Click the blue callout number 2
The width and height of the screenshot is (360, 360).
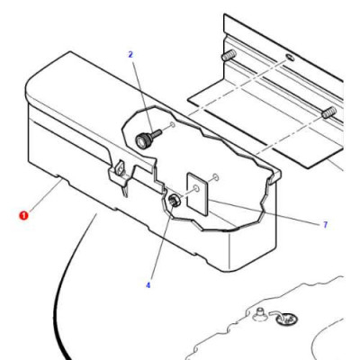pyautogui.click(x=130, y=55)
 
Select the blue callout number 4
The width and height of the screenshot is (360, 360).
pyautogui.click(x=148, y=285)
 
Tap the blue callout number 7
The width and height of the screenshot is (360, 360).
pyautogui.click(x=326, y=225)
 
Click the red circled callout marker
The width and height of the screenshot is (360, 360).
pyautogui.click(x=23, y=215)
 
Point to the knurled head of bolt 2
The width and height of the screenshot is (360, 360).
pyautogui.click(x=143, y=139)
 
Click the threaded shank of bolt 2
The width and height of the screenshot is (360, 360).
pyautogui.click(x=157, y=132)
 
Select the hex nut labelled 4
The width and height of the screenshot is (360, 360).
pyautogui.click(x=174, y=199)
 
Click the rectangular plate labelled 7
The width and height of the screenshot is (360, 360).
pyautogui.click(x=198, y=193)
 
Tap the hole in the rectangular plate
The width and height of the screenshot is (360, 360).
pyautogui.click(x=196, y=189)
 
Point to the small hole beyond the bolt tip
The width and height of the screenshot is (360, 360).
pyautogui.click(x=173, y=124)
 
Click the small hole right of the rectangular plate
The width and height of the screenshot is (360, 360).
pyautogui.click(x=216, y=177)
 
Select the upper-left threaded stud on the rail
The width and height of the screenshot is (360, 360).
pyautogui.click(x=229, y=55)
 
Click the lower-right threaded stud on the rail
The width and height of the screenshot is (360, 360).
pyautogui.click(x=329, y=112)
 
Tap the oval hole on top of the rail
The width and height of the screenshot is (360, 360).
pyautogui.click(x=289, y=57)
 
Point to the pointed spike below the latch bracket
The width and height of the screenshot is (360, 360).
pyautogui.click(x=125, y=190)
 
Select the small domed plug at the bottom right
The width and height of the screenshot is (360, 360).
pyautogui.click(x=258, y=314)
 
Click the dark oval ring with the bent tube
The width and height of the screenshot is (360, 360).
pyautogui.click(x=287, y=319)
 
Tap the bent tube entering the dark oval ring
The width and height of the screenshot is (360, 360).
pyautogui.click(x=276, y=313)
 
